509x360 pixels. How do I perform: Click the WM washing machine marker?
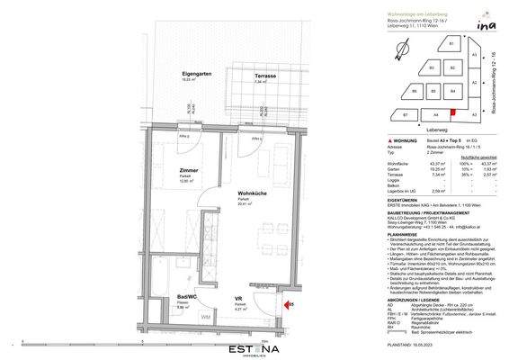coord(206,317)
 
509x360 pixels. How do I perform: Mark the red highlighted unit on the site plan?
coord(452,111)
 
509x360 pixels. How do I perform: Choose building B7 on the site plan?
coord(406,115)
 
